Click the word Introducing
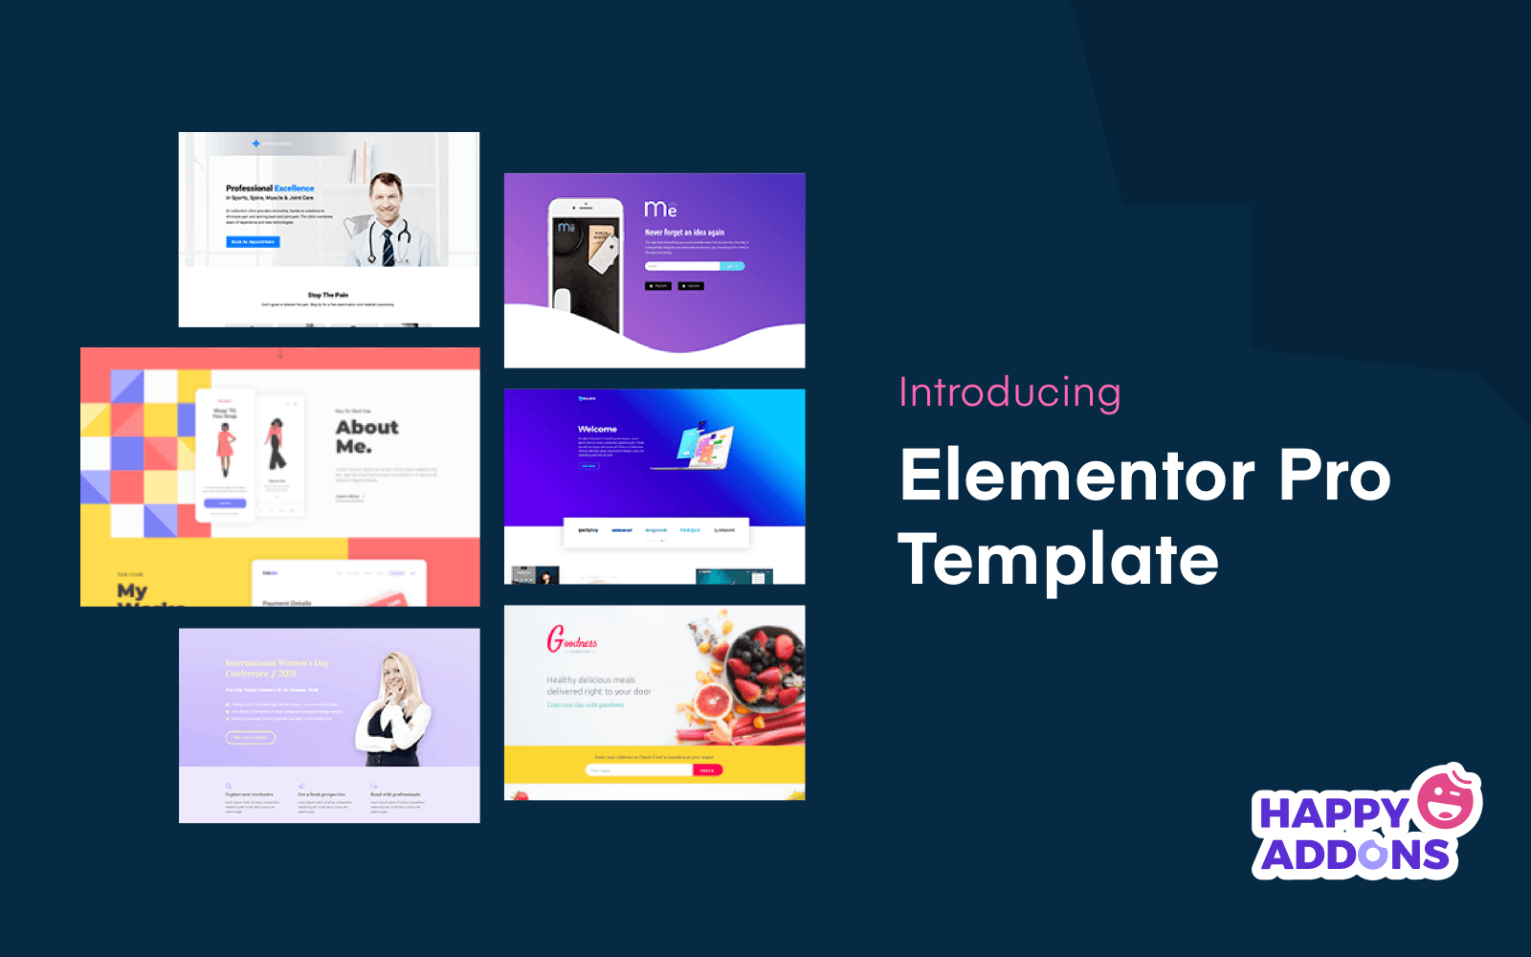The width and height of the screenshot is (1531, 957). tap(1010, 393)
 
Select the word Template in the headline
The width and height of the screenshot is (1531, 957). tap(1058, 560)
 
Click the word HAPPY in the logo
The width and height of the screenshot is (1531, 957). tap(1332, 813)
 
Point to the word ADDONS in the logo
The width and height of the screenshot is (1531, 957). tap(1354, 856)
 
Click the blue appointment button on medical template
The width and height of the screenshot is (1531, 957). tap(253, 242)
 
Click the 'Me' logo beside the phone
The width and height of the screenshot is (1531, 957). tap(660, 209)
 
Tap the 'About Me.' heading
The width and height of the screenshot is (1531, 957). tap(366, 436)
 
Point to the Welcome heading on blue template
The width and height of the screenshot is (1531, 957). tap(597, 430)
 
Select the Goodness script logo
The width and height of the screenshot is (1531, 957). tap(571, 639)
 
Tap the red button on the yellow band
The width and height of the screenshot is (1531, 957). tap(707, 770)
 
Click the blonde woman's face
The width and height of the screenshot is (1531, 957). tap(393, 674)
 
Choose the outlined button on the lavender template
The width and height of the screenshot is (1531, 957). tap(251, 737)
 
